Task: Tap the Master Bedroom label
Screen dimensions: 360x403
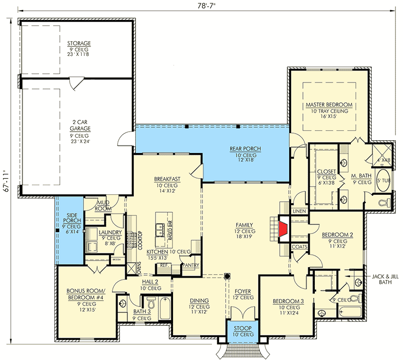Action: [x=329, y=104]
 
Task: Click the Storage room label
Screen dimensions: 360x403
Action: [x=79, y=44]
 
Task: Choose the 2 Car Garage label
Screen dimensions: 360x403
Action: [x=79, y=125]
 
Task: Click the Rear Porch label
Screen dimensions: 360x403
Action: [x=245, y=149]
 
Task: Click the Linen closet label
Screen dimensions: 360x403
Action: [x=299, y=210]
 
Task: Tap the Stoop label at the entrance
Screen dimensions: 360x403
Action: [x=242, y=328]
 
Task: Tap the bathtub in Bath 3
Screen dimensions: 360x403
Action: [x=165, y=307]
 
